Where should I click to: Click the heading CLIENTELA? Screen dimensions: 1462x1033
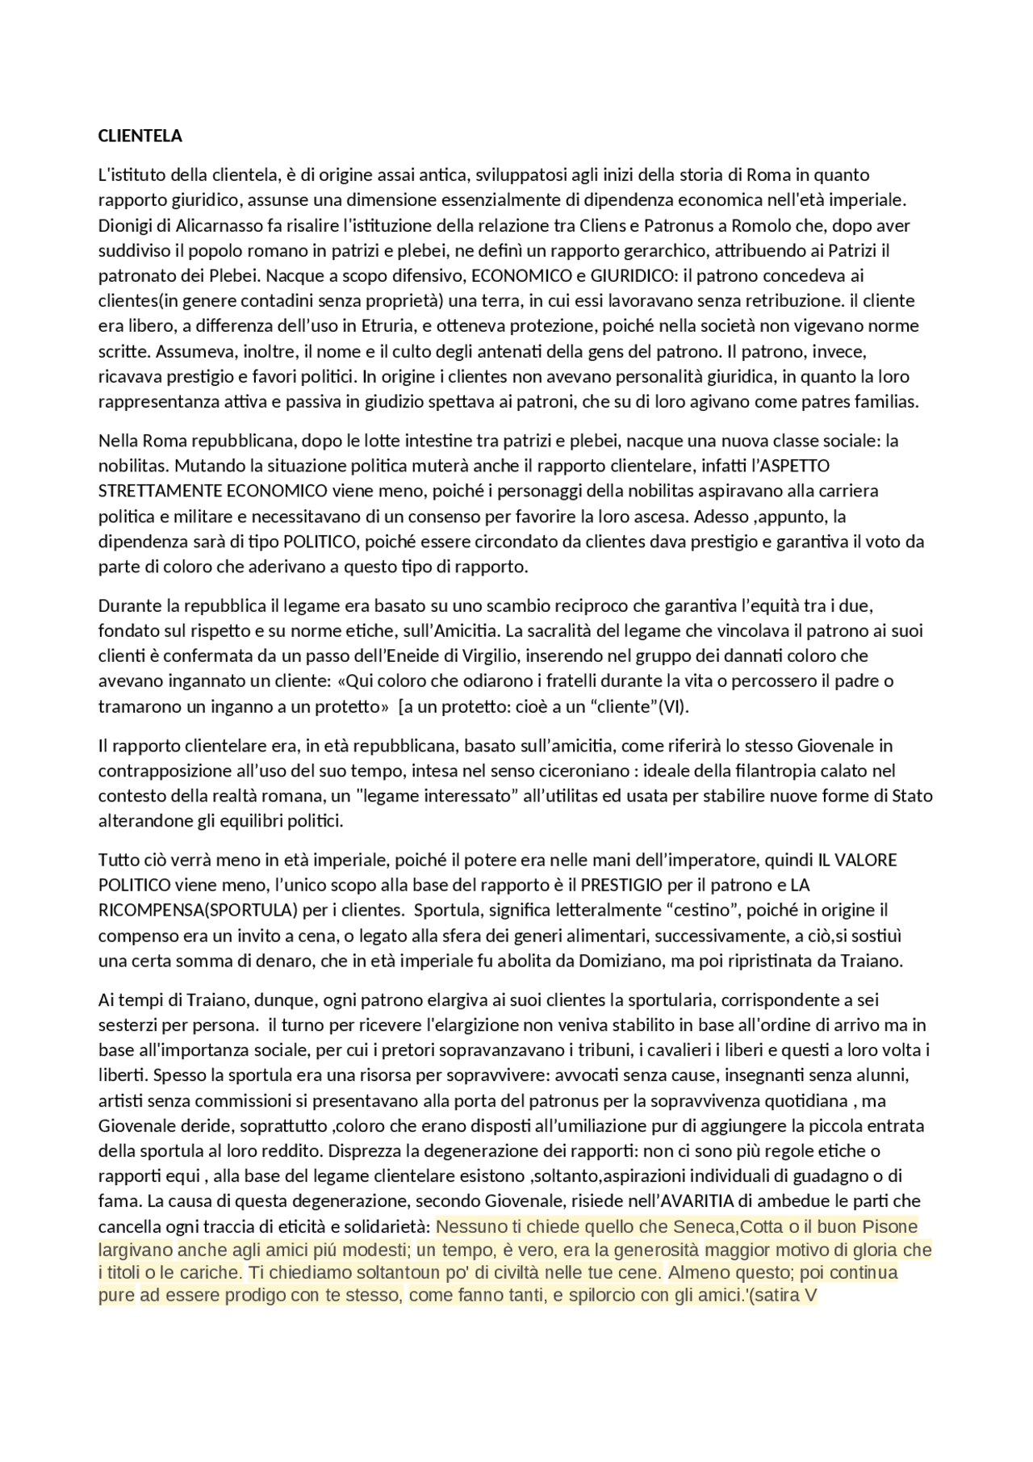point(140,136)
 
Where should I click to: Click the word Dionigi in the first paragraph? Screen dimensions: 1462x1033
point(124,225)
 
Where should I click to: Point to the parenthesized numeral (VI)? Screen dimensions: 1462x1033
point(673,706)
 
